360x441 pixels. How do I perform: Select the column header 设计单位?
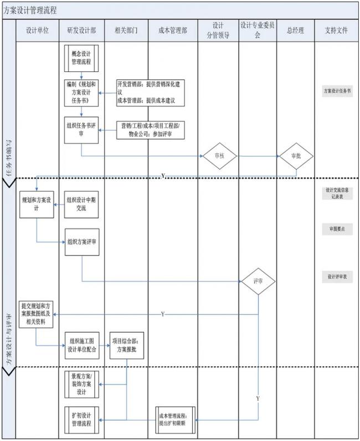(x=38, y=31)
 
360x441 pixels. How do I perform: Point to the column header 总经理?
(x=295, y=31)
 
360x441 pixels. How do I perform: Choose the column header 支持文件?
(x=336, y=31)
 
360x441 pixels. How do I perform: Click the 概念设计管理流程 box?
(x=81, y=58)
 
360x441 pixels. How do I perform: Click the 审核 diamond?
(x=219, y=156)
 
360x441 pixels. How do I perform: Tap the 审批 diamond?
(x=295, y=156)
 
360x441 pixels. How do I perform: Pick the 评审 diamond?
(x=258, y=281)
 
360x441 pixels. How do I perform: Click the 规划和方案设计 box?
(x=37, y=204)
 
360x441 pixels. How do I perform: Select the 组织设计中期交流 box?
(x=81, y=204)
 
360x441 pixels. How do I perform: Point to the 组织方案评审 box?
(x=81, y=242)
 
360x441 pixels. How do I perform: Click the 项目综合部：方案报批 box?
(x=127, y=346)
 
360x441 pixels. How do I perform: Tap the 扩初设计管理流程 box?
(x=81, y=419)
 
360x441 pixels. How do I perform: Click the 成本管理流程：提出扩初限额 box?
(x=175, y=419)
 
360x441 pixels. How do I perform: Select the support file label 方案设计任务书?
(x=337, y=91)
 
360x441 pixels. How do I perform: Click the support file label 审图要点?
(x=337, y=229)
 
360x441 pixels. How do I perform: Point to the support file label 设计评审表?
(x=337, y=277)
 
